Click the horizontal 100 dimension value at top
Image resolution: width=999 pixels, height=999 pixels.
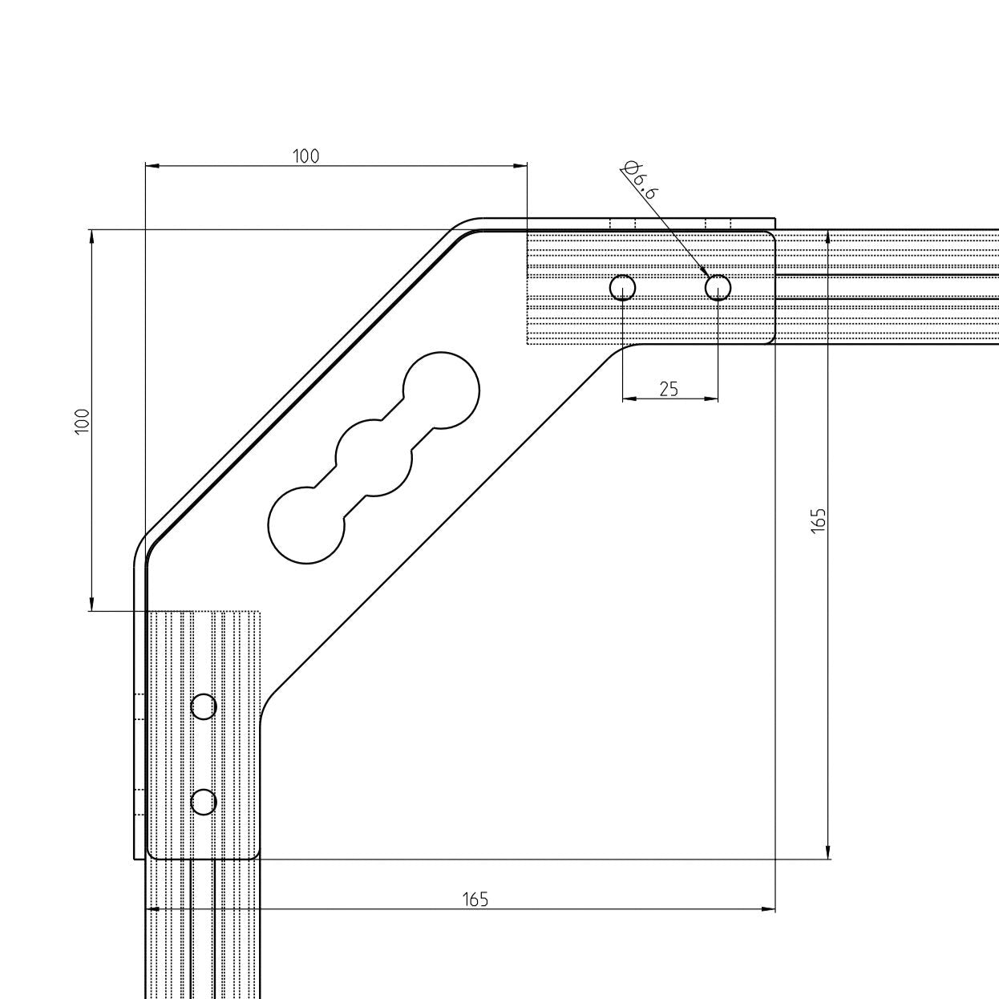305,156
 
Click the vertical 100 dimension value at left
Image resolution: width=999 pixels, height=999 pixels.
82,421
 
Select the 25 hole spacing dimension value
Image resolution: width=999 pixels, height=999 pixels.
669,389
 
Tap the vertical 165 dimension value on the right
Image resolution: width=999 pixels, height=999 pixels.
818,520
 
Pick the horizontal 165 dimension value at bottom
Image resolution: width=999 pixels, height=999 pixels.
475,899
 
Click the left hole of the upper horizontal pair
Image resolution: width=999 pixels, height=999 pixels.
623,287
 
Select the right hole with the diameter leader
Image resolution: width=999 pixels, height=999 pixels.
718,287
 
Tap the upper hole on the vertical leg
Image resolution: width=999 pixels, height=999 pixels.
204,706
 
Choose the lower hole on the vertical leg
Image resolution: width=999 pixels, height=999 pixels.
204,802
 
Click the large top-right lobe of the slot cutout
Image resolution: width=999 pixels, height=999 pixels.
441,390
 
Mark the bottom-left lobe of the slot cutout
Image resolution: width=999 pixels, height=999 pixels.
305,525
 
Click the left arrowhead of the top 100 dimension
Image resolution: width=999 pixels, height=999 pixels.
151,166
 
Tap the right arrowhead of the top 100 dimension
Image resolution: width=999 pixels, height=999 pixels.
522,166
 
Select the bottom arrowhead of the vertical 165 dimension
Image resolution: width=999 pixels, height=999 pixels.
828,853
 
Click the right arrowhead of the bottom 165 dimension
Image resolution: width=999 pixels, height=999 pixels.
770,909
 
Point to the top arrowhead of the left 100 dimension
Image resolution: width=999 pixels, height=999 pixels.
91,236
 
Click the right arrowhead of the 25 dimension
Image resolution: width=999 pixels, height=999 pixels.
712,398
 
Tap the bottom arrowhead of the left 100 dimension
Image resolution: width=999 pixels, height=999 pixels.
91,605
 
